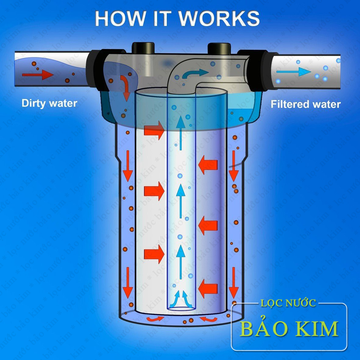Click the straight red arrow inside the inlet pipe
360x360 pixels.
click(x=38, y=74)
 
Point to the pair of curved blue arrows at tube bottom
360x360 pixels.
click(x=181, y=299)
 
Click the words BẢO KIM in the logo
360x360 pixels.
click(x=289, y=328)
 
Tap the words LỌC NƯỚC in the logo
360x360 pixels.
click(x=288, y=303)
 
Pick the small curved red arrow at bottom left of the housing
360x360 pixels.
click(x=155, y=319)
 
